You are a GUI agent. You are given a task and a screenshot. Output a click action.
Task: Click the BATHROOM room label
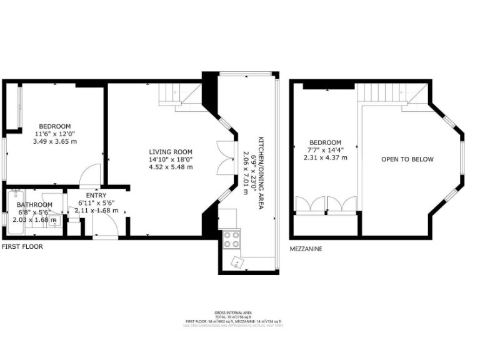pyautogui.click(x=34, y=204)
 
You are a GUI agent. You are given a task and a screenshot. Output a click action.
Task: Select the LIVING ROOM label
pyautogui.click(x=171, y=152)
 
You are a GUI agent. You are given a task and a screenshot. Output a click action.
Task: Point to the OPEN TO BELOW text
pyautogui.click(x=407, y=159)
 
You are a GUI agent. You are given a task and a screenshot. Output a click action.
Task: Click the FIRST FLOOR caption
pyautogui.click(x=22, y=247)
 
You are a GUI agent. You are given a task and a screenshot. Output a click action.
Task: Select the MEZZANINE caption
pyautogui.click(x=306, y=249)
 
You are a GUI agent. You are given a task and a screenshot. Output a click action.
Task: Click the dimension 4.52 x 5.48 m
pyautogui.click(x=171, y=167)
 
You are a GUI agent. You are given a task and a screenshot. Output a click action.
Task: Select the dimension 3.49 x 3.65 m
pyautogui.click(x=55, y=141)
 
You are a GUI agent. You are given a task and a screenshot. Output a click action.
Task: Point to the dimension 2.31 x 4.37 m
pyautogui.click(x=326, y=157)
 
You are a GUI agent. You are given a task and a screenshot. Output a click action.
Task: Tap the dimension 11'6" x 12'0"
pyautogui.click(x=55, y=134)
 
